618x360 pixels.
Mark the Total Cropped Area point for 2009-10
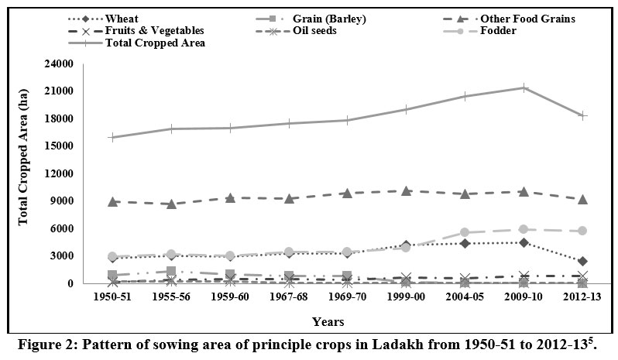(x=524, y=87)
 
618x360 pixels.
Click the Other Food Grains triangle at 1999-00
(x=406, y=190)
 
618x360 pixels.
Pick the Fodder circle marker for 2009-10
(x=524, y=229)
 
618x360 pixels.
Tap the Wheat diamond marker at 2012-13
(x=582, y=261)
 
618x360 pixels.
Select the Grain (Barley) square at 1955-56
(x=171, y=271)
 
